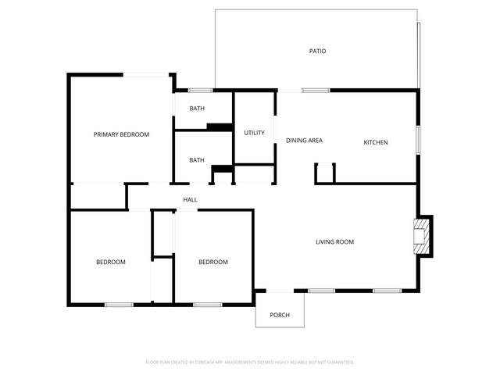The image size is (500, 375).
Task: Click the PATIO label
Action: pyautogui.click(x=316, y=52)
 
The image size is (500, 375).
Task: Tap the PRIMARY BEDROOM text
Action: pyautogui.click(x=121, y=134)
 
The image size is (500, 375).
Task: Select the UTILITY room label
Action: pyautogui.click(x=254, y=133)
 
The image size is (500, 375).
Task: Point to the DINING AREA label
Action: pyautogui.click(x=304, y=141)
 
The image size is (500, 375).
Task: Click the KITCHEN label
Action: pyautogui.click(x=375, y=142)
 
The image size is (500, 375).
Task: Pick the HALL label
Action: pyautogui.click(x=190, y=200)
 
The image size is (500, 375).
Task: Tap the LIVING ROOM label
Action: pyautogui.click(x=334, y=242)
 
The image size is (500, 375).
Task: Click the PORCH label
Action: pyautogui.click(x=280, y=316)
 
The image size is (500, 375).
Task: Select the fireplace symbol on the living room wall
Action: pyautogui.click(x=422, y=236)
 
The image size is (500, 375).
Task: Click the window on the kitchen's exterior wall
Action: pyautogui.click(x=418, y=139)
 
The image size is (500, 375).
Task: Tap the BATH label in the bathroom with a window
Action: pyautogui.click(x=197, y=109)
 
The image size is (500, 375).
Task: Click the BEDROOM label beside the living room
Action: pyautogui.click(x=212, y=262)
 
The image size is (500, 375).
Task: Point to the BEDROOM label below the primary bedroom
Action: pyautogui.click(x=110, y=262)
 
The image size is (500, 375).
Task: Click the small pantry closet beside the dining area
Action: pyautogui.click(x=325, y=173)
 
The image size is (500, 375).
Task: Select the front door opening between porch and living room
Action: pyautogui.click(x=280, y=291)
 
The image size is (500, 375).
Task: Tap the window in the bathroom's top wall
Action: pyautogui.click(x=201, y=90)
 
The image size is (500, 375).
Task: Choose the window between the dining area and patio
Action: pyautogui.click(x=315, y=90)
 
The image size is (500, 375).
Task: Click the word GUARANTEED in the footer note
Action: pyautogui.click(x=337, y=362)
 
